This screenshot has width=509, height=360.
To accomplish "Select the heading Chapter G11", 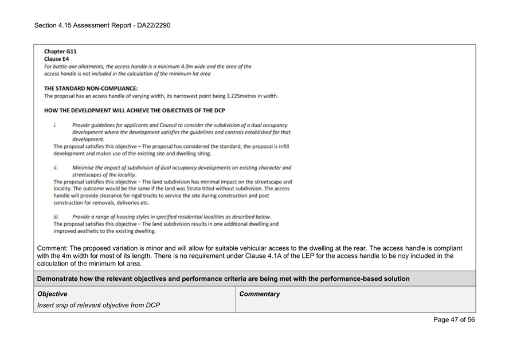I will (x=60, y=52).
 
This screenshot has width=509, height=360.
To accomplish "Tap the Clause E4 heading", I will (x=57, y=59).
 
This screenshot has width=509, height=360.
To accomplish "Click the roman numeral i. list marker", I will (x=55, y=125).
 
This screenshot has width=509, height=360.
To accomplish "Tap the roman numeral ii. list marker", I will (x=56, y=167).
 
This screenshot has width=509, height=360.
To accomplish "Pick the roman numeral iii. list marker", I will (x=56, y=217).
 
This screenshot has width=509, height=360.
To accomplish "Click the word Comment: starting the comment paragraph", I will (x=53, y=248).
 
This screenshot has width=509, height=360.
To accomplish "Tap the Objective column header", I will (x=52, y=294).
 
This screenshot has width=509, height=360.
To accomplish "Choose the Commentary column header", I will (x=260, y=294).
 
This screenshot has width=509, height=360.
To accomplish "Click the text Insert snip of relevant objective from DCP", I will (x=99, y=305).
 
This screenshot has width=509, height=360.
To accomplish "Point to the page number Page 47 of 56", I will (x=453, y=320).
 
